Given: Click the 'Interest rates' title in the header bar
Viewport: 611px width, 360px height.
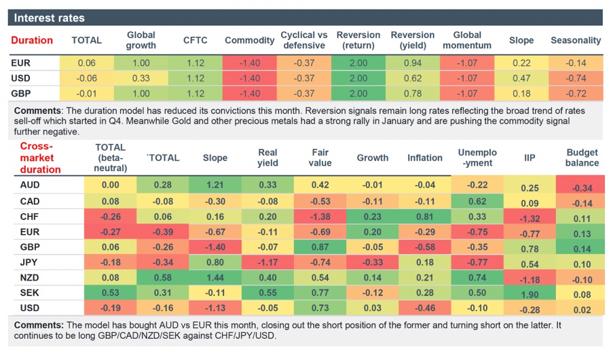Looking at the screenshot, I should pos(49,18).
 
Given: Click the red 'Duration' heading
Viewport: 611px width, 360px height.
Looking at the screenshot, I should pos(32,40).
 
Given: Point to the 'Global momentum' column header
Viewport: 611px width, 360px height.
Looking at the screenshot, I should pos(466,40).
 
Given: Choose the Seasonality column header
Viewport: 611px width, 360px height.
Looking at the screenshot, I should pos(576,40).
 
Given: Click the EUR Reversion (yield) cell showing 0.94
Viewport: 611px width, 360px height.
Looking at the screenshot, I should pos(413,62).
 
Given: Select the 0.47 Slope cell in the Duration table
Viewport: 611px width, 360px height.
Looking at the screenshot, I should pos(521,78).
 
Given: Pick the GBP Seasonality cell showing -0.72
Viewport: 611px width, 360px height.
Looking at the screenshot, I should pos(576,93).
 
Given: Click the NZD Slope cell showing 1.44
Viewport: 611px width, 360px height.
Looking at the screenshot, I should pos(215,278).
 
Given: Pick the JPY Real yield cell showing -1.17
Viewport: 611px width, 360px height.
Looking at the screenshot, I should pos(267,263).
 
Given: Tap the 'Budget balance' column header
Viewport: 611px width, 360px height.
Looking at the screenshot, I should pos(582,158).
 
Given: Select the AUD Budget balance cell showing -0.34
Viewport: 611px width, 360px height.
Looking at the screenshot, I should pos(582,188).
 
